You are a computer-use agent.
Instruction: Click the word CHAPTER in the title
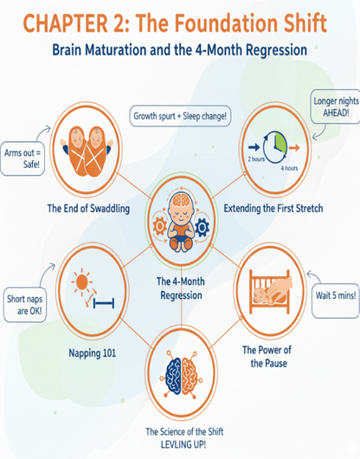[x=65, y=23]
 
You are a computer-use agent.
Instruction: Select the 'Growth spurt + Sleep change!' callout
[x=180, y=116]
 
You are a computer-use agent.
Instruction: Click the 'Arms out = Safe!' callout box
[x=22, y=158]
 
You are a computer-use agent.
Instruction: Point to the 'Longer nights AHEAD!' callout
[x=336, y=107]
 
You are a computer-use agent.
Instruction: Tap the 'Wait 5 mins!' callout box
[x=336, y=301]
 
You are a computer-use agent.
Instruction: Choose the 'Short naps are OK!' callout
[x=25, y=305]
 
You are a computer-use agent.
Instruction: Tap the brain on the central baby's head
[x=181, y=200]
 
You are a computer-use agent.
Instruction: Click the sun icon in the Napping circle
[x=81, y=282]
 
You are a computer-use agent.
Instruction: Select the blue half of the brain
[x=173, y=372]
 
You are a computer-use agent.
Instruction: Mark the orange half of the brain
[x=190, y=372]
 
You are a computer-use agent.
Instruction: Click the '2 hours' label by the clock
[x=256, y=159]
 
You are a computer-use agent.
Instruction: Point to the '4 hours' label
[x=289, y=168]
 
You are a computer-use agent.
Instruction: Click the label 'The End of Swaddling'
[x=88, y=209]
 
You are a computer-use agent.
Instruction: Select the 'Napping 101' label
[x=93, y=352]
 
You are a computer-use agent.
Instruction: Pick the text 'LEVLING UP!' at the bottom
[x=183, y=444]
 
